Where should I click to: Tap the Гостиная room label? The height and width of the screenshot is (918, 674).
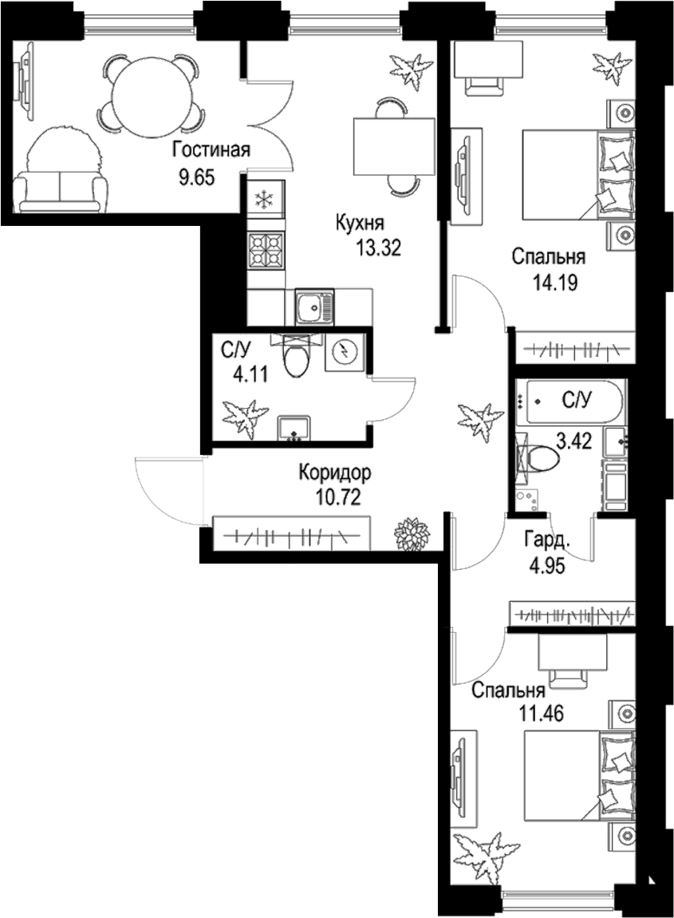(x=211, y=150)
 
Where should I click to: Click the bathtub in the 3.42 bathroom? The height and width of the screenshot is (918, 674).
(x=570, y=398)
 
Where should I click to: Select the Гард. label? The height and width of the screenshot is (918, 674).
(x=547, y=540)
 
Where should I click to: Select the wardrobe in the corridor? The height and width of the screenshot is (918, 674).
(x=292, y=534)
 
